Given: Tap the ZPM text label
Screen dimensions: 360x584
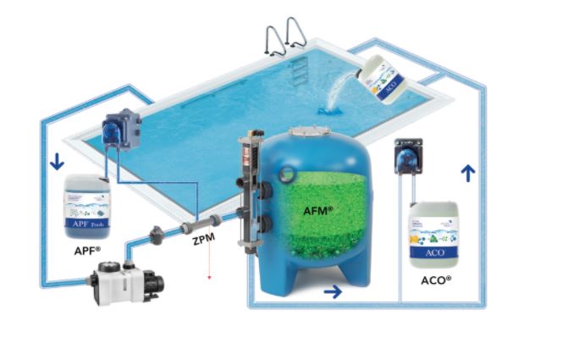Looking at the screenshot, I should pyautogui.click(x=203, y=240).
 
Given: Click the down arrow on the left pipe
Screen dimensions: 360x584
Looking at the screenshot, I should pyautogui.click(x=56, y=161).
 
